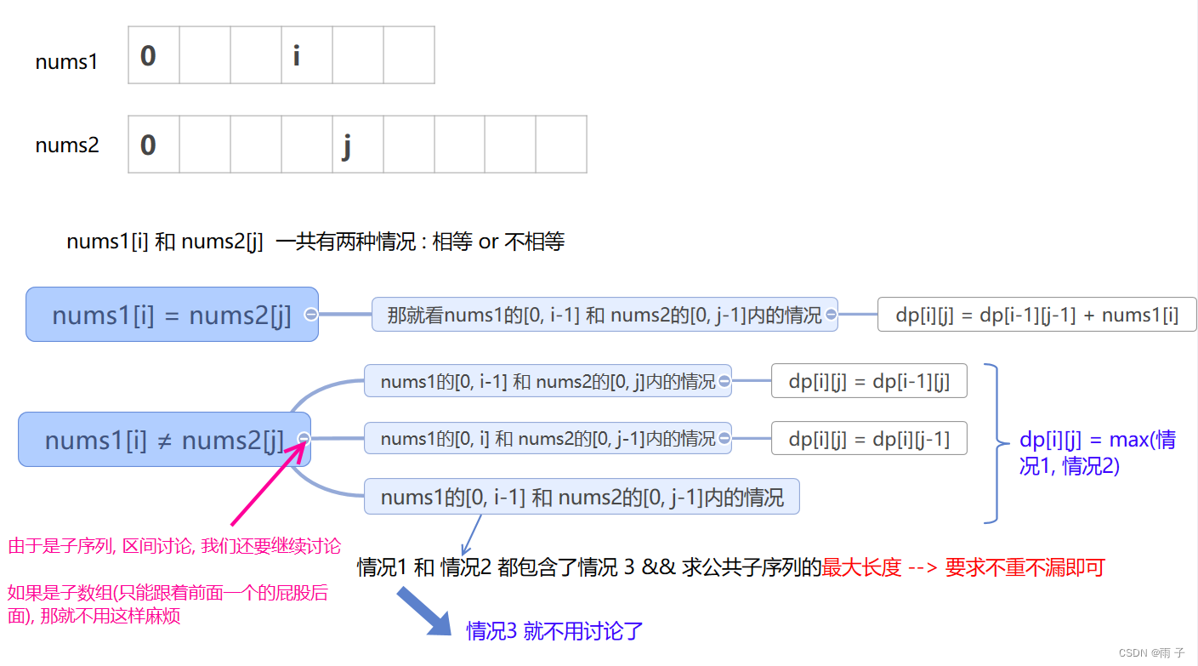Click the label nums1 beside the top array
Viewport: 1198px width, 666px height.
[66, 62]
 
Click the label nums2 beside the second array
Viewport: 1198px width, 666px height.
[67, 145]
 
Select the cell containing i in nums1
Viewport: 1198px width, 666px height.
[307, 55]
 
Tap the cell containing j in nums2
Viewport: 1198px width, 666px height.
[358, 145]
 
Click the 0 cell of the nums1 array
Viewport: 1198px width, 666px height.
[154, 55]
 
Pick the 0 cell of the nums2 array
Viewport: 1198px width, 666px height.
[154, 145]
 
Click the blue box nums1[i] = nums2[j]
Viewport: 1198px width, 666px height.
[171, 315]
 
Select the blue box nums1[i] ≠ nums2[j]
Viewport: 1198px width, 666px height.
[163, 440]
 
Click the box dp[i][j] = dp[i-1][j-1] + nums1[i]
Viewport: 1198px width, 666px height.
[1036, 315]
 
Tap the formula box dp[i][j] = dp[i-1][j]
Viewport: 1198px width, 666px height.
[869, 381]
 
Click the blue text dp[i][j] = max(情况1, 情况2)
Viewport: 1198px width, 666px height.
[1097, 453]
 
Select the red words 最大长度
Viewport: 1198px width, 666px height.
[861, 567]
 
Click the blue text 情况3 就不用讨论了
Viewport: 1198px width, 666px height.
[554, 631]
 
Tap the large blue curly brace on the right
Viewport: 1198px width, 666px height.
[992, 443]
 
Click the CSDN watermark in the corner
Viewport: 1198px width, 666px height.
[1151, 653]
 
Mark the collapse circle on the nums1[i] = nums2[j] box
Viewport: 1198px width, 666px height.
[310, 315]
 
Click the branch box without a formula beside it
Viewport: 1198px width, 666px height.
[582, 497]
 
